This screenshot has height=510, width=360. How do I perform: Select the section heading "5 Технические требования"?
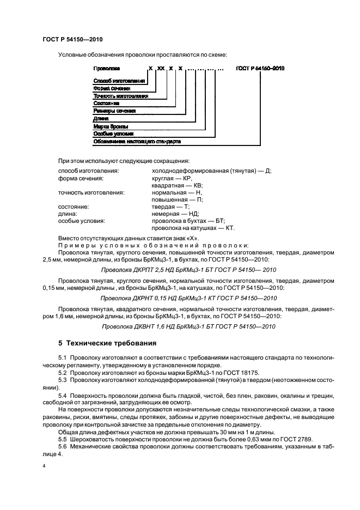point(107,344)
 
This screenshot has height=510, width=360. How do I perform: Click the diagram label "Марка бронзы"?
point(111,126)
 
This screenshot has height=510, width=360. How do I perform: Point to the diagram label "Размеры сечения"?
point(113,111)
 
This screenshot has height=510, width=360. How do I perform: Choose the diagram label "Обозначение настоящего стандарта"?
point(137,141)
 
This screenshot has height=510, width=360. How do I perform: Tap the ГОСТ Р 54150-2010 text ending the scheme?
point(260,69)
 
